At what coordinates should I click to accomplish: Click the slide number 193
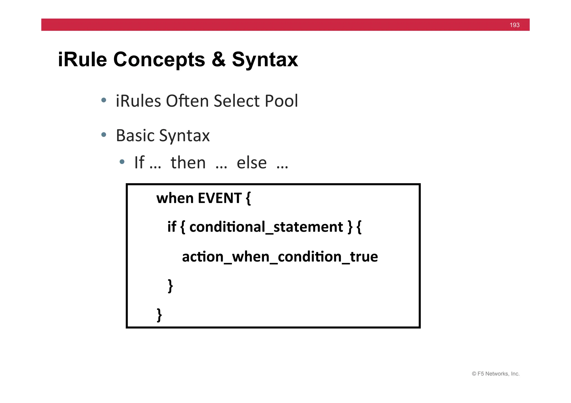pyautogui.click(x=514, y=25)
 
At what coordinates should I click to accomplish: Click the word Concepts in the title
pyautogui.click(x=159, y=60)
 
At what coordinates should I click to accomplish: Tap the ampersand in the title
pyautogui.click(x=219, y=60)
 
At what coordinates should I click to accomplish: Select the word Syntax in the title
pyautogui.click(x=265, y=60)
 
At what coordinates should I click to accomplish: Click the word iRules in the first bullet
pyautogui.click(x=138, y=101)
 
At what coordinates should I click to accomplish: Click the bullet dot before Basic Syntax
pyautogui.click(x=104, y=135)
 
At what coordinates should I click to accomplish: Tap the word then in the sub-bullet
pyautogui.click(x=188, y=163)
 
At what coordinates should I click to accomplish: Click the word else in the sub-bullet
pyautogui.click(x=251, y=163)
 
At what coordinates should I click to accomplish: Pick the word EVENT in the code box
pyautogui.click(x=220, y=198)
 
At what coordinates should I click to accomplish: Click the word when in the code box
pyautogui.click(x=175, y=198)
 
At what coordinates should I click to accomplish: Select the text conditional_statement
pyautogui.click(x=266, y=227)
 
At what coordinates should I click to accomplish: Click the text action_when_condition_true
pyautogui.click(x=280, y=257)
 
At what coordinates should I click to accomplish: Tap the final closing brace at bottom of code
pyautogui.click(x=159, y=315)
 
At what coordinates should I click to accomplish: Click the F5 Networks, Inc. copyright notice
pyautogui.click(x=495, y=374)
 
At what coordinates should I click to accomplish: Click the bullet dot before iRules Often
pyautogui.click(x=104, y=100)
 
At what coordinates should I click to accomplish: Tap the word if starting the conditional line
pyautogui.click(x=171, y=227)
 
